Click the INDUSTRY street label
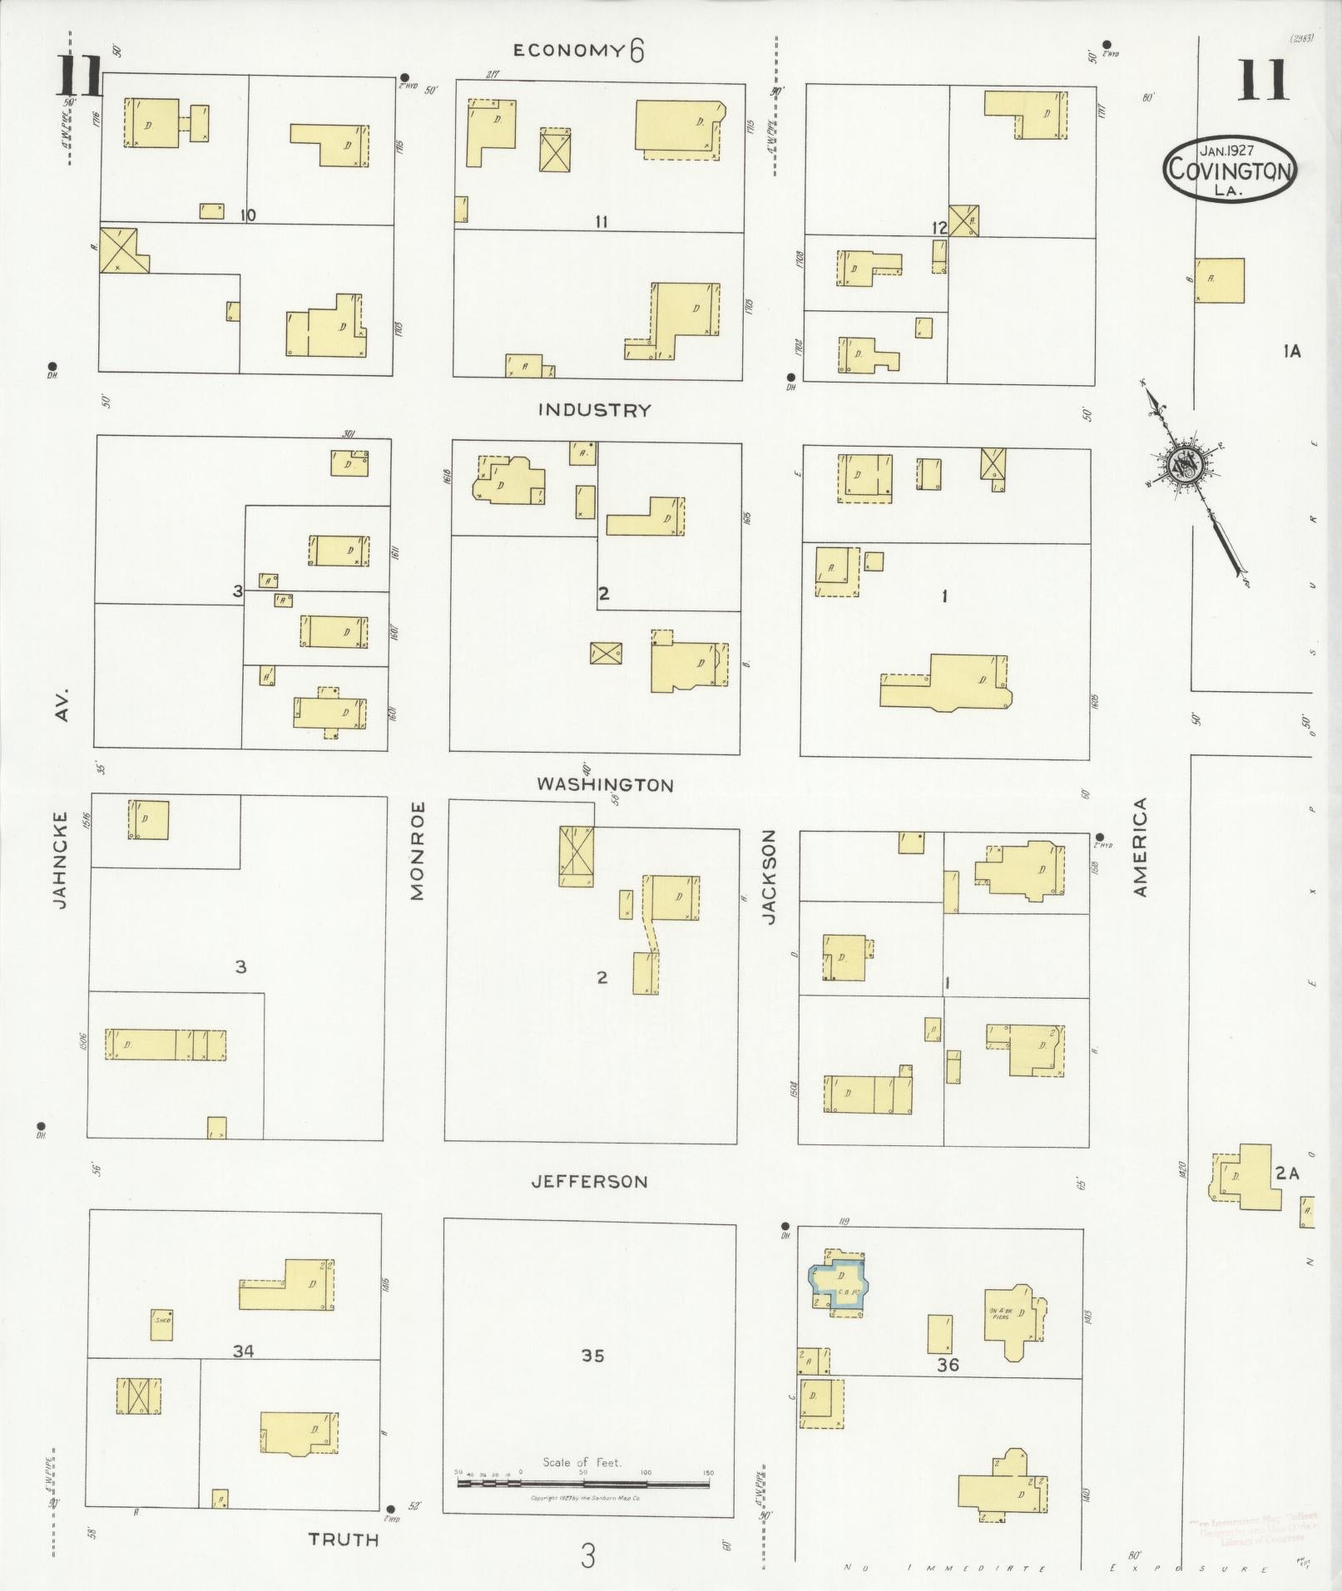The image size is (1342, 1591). click(x=593, y=410)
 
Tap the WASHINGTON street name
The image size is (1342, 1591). click(x=604, y=784)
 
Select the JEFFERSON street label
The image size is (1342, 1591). click(x=590, y=1181)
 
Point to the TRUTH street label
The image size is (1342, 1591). click(x=344, y=1539)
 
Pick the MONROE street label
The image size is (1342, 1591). click(x=417, y=850)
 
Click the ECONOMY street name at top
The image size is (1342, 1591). click(x=568, y=50)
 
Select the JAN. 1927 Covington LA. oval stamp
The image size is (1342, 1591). click(x=1229, y=169)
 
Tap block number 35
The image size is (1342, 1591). click(x=592, y=1356)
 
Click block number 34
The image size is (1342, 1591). click(x=243, y=1351)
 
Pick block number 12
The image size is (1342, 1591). click(x=939, y=228)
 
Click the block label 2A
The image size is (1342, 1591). click(x=1286, y=1173)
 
